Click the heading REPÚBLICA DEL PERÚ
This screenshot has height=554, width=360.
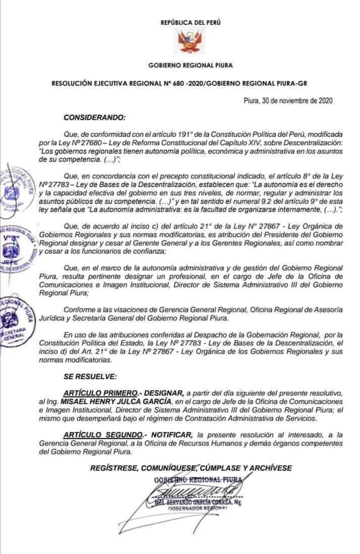pos(191,23)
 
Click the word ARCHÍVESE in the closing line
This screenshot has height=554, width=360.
pos(272,468)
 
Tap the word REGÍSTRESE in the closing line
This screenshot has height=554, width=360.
pos(112,468)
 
